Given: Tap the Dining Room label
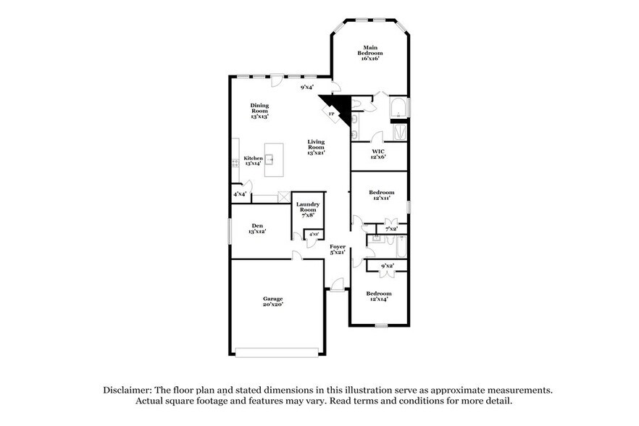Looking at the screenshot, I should point(259,110).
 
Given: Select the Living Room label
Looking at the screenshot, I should point(316,147).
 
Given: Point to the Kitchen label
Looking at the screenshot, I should point(253,161).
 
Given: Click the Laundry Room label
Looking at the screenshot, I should point(307,209).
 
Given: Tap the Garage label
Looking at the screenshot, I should point(272,301).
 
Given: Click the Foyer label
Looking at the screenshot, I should point(338,249).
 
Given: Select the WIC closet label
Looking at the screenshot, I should point(379,154).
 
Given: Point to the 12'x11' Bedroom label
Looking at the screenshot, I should point(381,195).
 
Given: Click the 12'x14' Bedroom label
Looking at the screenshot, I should point(379,296).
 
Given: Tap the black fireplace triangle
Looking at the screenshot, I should point(342,109).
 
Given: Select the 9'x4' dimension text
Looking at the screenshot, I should point(307,88).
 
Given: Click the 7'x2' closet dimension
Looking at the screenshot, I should point(391,229).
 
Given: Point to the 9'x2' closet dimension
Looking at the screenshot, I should point(387,266).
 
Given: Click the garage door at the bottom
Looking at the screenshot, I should point(277,352).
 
